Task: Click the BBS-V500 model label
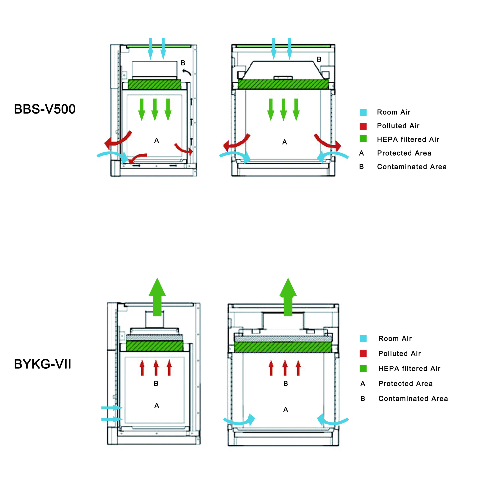pos(45,109)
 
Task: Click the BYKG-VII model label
pos(42,364)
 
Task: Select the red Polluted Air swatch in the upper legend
pos(363,126)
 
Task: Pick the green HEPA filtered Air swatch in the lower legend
pos(363,368)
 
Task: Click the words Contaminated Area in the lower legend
pos(413,399)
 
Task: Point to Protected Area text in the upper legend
pos(404,153)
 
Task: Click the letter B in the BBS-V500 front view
pos(319,59)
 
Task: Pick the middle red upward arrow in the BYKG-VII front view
pos(285,368)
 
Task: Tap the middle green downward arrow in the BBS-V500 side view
pos(155,110)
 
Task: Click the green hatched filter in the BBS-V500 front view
pos(283,84)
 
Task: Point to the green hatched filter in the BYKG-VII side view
pos(155,346)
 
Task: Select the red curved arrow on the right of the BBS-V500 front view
pos(328,143)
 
